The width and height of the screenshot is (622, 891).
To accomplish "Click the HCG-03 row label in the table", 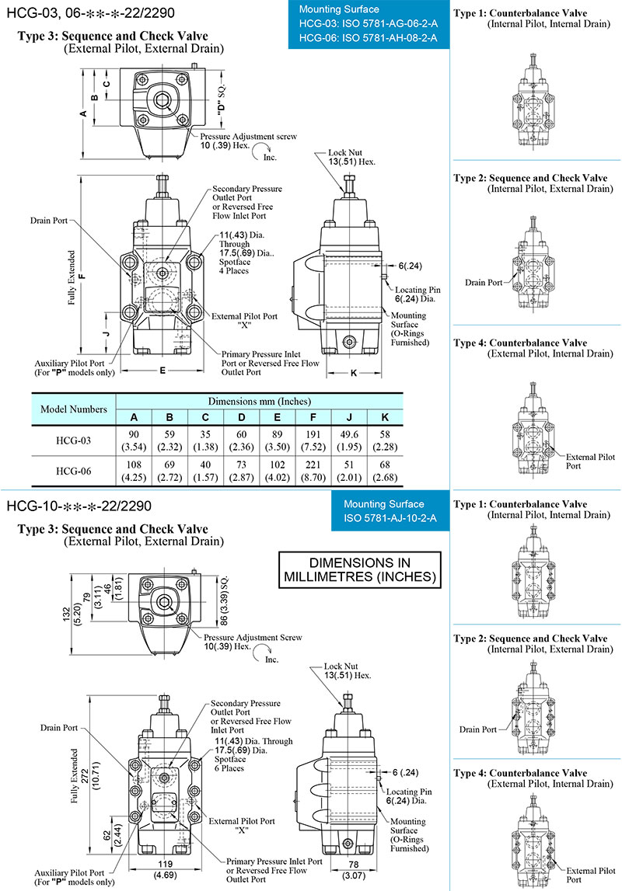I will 73,440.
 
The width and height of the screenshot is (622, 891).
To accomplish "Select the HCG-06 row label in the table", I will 73,471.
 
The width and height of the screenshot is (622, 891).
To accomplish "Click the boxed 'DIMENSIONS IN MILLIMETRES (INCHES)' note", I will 358,570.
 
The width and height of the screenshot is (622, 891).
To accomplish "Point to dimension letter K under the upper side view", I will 354,373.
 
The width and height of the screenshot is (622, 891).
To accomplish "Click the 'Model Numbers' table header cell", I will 73,409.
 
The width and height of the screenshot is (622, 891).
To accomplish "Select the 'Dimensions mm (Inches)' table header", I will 260,402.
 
